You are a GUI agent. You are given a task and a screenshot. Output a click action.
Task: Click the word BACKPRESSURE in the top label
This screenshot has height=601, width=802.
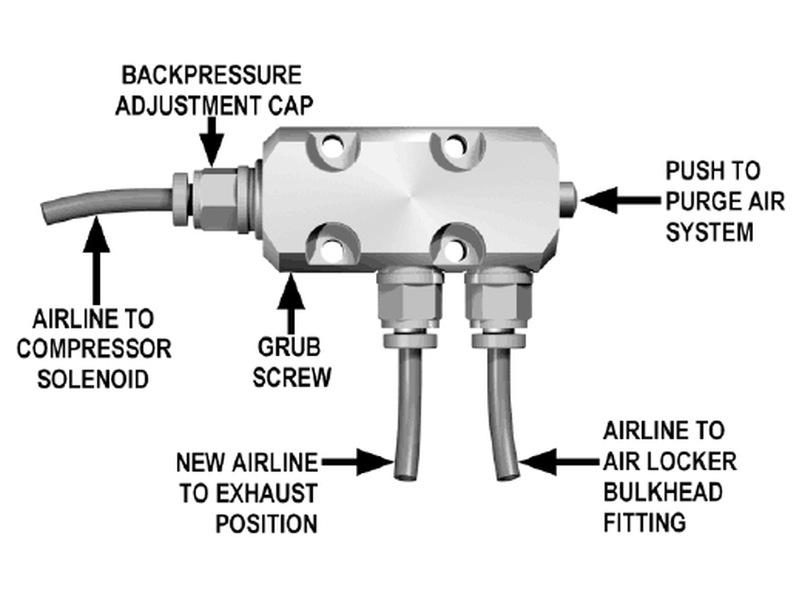(212, 75)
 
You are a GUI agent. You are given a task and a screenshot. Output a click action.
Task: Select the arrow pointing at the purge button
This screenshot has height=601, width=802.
(620, 200)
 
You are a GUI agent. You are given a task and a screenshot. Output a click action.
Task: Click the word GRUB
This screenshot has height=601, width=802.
(289, 347)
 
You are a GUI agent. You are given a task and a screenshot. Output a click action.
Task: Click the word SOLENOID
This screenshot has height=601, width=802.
(93, 379)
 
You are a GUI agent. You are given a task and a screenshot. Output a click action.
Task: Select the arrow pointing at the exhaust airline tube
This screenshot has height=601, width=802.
(357, 463)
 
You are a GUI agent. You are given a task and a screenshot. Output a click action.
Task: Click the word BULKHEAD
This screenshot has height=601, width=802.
(662, 492)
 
